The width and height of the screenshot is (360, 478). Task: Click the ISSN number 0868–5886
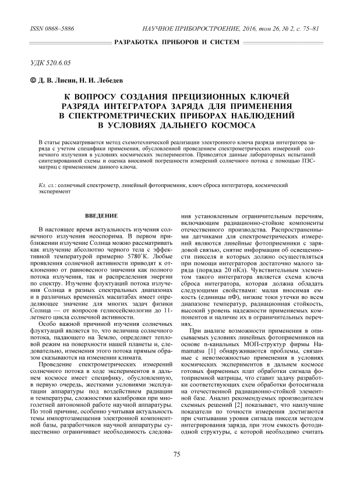(59, 29)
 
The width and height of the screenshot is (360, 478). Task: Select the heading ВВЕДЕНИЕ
(102, 216)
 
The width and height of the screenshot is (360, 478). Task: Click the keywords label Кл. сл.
(47, 184)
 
